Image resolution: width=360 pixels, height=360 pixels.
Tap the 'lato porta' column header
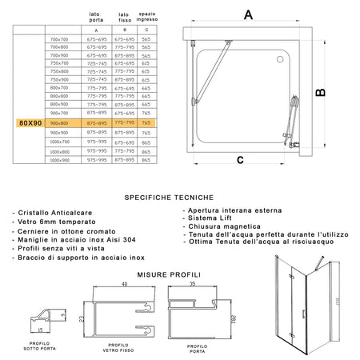click(95, 17)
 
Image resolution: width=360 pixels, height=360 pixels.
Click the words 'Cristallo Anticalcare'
click(50, 213)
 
